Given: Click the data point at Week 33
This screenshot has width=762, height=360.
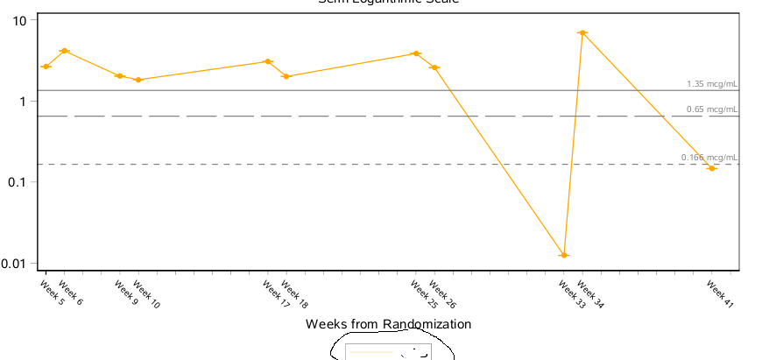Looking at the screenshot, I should (564, 255).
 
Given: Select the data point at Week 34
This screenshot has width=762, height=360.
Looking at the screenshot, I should (582, 33).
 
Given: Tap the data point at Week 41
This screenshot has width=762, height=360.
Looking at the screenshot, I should (712, 168).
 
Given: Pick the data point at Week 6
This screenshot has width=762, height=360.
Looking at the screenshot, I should (64, 51).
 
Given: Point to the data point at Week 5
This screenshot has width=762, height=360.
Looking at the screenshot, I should (46, 67).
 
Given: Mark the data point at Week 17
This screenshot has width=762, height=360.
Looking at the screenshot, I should (269, 61).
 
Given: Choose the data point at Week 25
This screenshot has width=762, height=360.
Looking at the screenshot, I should (416, 53).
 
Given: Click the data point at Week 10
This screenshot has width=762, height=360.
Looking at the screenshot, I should (138, 80).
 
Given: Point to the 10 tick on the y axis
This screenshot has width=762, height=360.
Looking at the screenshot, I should (20, 20).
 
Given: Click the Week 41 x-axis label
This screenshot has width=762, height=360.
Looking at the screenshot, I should (720, 293).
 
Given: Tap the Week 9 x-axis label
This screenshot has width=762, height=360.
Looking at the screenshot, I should (126, 293).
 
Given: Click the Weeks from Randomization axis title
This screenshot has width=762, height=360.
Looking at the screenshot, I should (388, 324).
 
